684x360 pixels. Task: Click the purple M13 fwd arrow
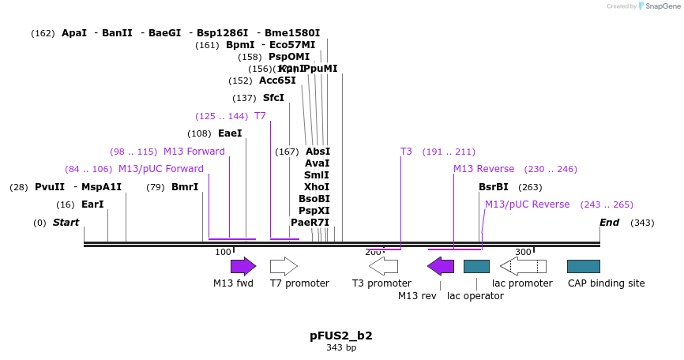pos(243,266)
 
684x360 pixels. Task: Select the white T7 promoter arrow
pos(284,266)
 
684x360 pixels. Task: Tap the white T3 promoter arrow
pos(383,266)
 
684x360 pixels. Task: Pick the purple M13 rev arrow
pos(441,266)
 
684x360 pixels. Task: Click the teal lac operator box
pos(476,266)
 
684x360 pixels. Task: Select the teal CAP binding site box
pos(583,266)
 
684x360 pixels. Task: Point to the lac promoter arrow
pos(523,266)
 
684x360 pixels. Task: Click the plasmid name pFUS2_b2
pos(341,336)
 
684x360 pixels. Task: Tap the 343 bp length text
pos(341,347)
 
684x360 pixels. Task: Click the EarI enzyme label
pos(92,204)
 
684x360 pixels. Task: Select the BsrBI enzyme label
pos(494,187)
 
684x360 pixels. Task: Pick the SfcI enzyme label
pos(273,98)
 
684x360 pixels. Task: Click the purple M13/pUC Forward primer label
pos(161,169)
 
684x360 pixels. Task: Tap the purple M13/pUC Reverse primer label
pos(527,204)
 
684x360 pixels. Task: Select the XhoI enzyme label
pos(317,187)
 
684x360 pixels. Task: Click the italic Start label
pos(66,223)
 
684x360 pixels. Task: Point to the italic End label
pos(609,223)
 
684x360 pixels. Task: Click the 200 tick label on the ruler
pos(373,252)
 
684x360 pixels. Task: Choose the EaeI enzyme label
pos(230,133)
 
